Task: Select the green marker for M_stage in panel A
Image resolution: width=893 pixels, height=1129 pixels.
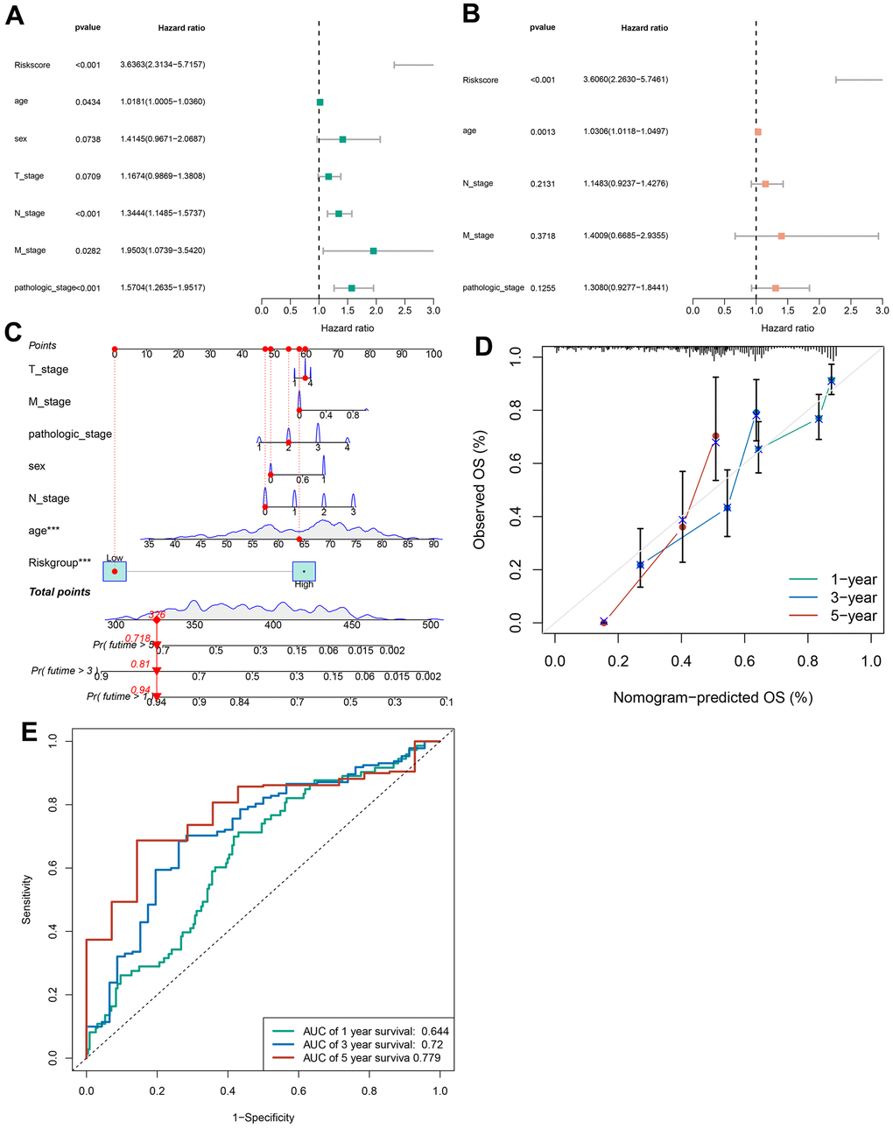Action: pyautogui.click(x=373, y=251)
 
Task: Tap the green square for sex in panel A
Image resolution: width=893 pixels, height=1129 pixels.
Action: pyautogui.click(x=342, y=139)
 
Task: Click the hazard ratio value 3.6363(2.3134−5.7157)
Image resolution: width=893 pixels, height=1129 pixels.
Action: pyautogui.click(x=163, y=65)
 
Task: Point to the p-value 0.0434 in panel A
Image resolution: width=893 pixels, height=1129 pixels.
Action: pyautogui.click(x=88, y=102)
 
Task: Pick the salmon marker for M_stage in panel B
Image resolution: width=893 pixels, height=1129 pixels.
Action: pyautogui.click(x=781, y=236)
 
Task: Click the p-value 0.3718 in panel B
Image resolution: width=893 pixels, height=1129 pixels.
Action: pyautogui.click(x=542, y=236)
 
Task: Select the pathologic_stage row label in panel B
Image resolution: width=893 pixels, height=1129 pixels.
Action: pyautogui.click(x=493, y=287)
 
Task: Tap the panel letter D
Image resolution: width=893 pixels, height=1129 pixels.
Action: pyautogui.click(x=483, y=347)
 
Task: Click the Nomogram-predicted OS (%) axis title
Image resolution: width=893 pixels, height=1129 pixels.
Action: pyautogui.click(x=713, y=698)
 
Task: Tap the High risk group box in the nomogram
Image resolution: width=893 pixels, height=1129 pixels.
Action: pyautogui.click(x=304, y=572)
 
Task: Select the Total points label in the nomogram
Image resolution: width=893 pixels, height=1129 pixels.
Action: pyautogui.click(x=60, y=592)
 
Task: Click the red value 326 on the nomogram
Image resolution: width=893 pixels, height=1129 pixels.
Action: pyautogui.click(x=157, y=614)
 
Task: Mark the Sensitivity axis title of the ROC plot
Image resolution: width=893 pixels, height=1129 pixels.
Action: pyautogui.click(x=26, y=899)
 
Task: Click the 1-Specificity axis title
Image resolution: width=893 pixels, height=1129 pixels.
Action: pyautogui.click(x=263, y=1118)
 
